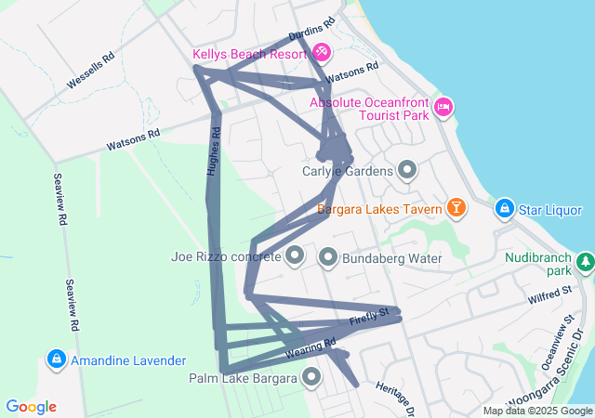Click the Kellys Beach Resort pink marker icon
coord(321,50)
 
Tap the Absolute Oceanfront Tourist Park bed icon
coord(443,109)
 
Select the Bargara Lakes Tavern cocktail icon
coord(456,207)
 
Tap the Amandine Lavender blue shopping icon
coord(57,359)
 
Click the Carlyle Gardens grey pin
coord(406,170)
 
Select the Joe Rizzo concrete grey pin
coord(295,255)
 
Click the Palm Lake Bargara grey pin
coord(311,377)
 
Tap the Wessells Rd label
coord(90,71)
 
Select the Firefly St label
coord(368,319)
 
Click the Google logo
coord(32,407)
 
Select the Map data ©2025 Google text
coord(537,411)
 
